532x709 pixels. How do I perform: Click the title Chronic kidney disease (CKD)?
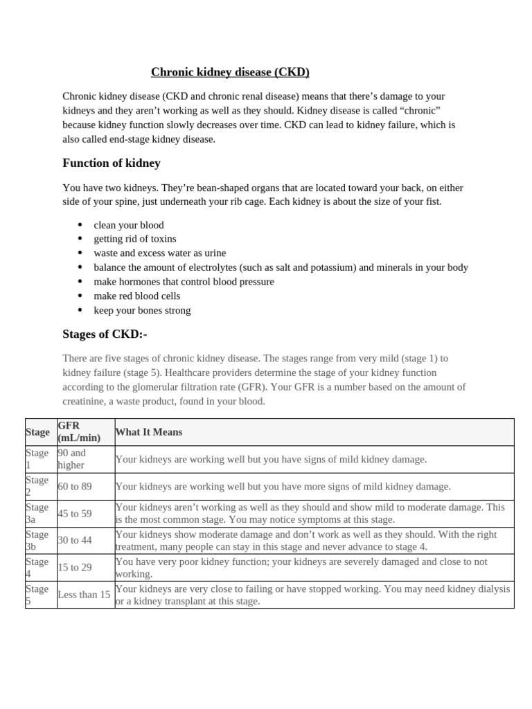(x=230, y=72)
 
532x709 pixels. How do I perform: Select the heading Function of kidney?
(x=112, y=163)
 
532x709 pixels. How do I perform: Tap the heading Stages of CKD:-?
(x=105, y=334)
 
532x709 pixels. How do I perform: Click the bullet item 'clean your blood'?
(x=129, y=225)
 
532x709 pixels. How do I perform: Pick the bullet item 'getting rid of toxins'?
(x=135, y=239)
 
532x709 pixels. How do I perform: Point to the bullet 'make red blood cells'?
(x=137, y=296)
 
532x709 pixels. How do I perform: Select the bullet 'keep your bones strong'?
(x=142, y=310)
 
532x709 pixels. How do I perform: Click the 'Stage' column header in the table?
(x=37, y=432)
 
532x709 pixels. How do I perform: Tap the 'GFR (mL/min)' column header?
(x=79, y=431)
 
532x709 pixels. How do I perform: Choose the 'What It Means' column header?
(x=149, y=432)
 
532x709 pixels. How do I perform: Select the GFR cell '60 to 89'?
(x=75, y=486)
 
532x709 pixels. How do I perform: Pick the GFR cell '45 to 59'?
(x=75, y=513)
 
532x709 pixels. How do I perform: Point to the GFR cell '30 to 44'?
(x=75, y=540)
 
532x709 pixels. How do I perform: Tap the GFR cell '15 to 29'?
(x=75, y=568)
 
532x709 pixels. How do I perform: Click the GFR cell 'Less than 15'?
(x=84, y=595)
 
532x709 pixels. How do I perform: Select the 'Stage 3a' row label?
(x=37, y=513)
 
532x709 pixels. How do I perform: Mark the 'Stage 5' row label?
(x=37, y=595)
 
